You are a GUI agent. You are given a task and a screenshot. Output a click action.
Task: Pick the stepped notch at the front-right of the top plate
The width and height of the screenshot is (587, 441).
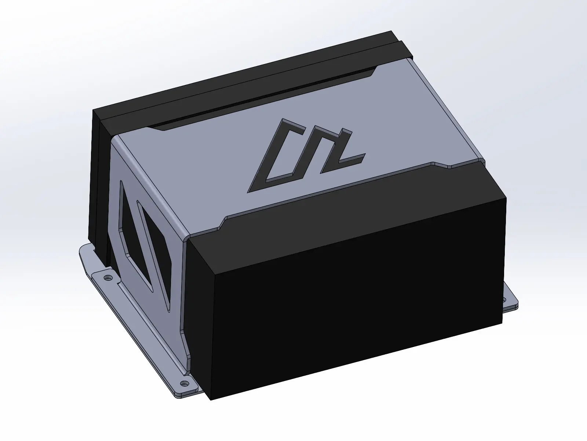point(440,165)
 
